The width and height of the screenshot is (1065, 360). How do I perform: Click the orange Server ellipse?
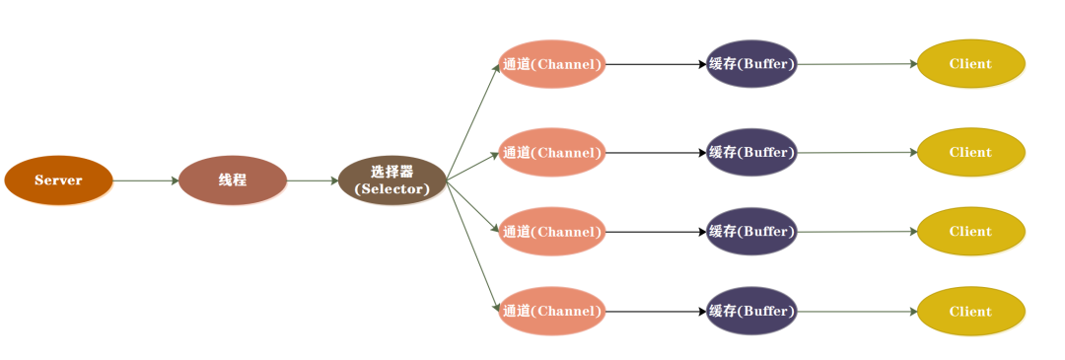coord(58,180)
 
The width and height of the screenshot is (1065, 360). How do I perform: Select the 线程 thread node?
coord(233,180)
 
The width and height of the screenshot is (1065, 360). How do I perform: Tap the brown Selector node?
coord(392,180)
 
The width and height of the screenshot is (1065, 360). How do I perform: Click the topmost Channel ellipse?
coord(552,64)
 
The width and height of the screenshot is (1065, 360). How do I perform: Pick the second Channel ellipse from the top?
coord(552,153)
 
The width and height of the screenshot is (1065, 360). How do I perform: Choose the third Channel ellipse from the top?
coord(552,232)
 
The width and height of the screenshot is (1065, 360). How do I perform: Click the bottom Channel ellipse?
coord(552,312)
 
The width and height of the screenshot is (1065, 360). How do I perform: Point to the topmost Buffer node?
coord(751,64)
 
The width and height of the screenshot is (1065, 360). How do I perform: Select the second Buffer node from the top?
coord(751,153)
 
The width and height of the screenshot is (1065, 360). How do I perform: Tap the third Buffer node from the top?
coord(751,232)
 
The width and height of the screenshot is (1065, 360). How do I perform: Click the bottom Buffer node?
coord(751,312)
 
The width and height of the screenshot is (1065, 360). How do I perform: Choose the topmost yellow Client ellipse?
coord(971,64)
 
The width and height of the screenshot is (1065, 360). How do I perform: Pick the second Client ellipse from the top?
coord(971,153)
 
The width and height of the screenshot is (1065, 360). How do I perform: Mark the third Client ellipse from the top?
coord(971,232)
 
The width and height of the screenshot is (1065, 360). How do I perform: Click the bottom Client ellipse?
coord(971,312)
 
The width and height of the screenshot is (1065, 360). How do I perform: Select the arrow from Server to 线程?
coord(146,180)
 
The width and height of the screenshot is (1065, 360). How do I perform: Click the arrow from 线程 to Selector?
coord(313,180)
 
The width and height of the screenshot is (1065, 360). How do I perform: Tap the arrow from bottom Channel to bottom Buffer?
coord(656,312)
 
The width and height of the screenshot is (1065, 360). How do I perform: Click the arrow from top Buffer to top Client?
coord(857,64)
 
